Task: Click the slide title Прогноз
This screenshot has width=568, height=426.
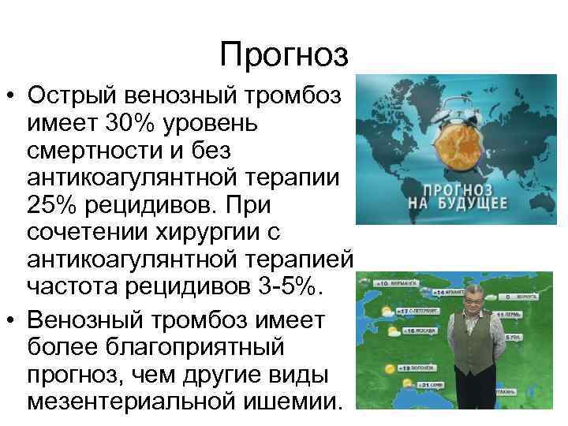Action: pyautogui.click(x=283, y=54)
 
